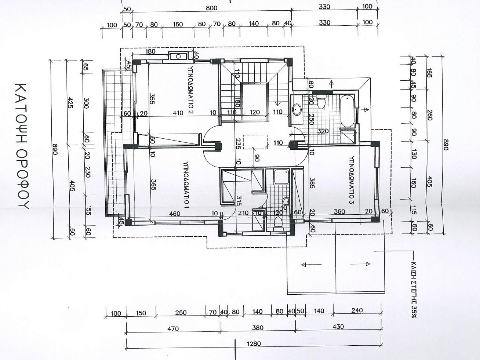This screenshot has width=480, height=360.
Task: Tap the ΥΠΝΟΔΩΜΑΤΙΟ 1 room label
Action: click(x=186, y=185)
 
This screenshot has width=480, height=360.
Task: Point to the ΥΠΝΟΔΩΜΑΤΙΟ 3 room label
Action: click(x=352, y=180)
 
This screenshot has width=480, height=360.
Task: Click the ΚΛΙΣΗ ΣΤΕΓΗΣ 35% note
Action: click(x=413, y=289)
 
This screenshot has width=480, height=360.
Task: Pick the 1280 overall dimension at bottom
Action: click(x=254, y=344)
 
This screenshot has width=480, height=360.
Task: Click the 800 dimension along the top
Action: click(x=211, y=8)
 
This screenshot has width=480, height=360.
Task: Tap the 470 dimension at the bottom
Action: click(x=173, y=329)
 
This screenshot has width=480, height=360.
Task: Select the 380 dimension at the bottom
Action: click(x=258, y=328)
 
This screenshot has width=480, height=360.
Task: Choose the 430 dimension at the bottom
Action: click(x=338, y=327)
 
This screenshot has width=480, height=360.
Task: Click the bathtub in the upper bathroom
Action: click(x=347, y=111)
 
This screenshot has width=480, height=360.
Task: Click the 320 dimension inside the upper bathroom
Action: click(x=323, y=131)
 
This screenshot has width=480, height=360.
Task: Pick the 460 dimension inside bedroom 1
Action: click(x=175, y=214)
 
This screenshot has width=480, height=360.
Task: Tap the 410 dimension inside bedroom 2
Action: click(x=178, y=113)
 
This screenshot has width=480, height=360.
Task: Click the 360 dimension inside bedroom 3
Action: click(x=339, y=212)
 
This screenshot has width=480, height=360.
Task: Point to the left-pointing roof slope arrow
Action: click(x=311, y=265)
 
